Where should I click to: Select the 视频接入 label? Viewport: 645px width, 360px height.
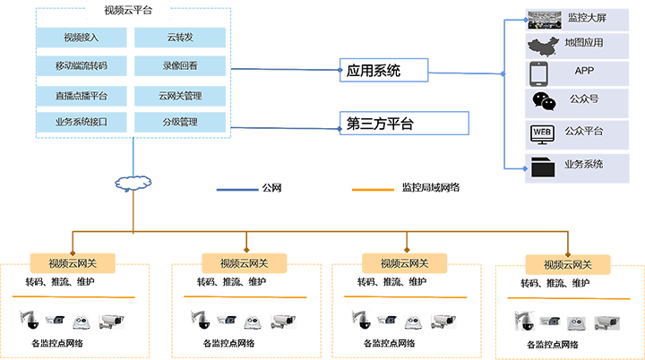(x=82, y=38)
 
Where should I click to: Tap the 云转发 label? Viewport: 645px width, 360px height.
(x=180, y=38)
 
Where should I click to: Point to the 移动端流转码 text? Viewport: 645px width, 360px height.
(x=82, y=66)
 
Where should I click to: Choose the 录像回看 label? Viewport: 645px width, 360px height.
(x=180, y=66)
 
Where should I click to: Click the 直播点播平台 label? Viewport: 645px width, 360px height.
(x=82, y=95)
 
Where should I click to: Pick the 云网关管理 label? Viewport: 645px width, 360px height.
(x=180, y=95)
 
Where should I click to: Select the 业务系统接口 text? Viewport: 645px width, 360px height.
(x=82, y=123)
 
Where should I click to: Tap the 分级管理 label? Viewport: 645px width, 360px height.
(x=180, y=123)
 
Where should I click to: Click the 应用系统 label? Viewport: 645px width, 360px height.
(x=374, y=72)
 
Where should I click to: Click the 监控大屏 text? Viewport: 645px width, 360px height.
(x=587, y=17)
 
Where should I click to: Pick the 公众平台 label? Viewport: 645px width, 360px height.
(x=584, y=132)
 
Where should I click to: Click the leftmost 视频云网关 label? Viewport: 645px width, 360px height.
(x=73, y=263)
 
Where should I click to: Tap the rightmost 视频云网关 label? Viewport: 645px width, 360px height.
(x=567, y=264)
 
